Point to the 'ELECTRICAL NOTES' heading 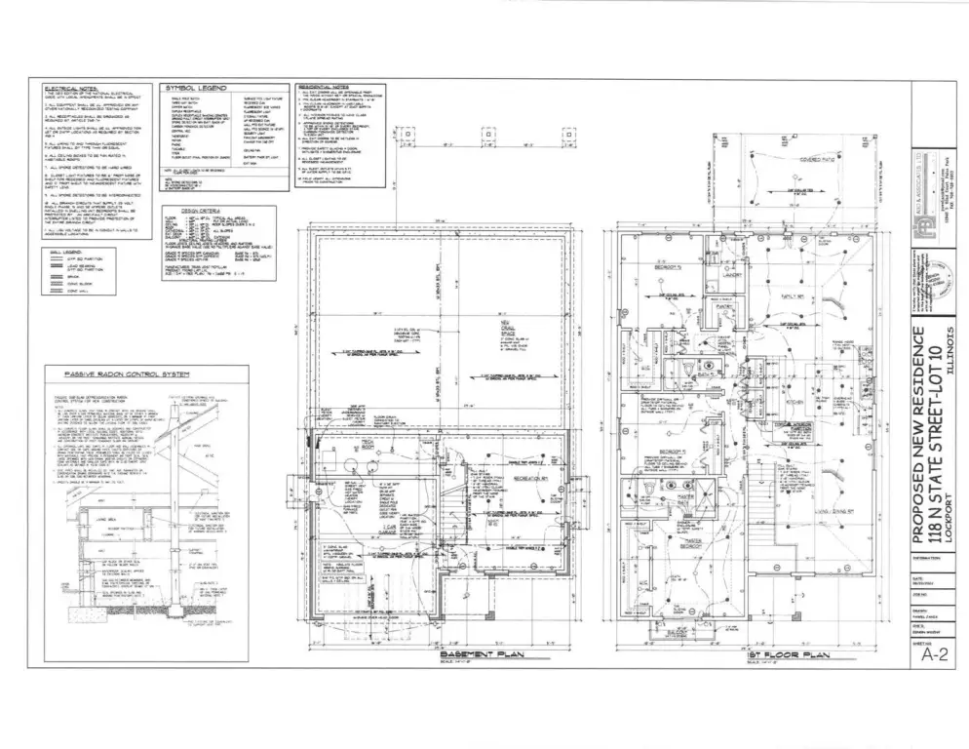tap(76, 87)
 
